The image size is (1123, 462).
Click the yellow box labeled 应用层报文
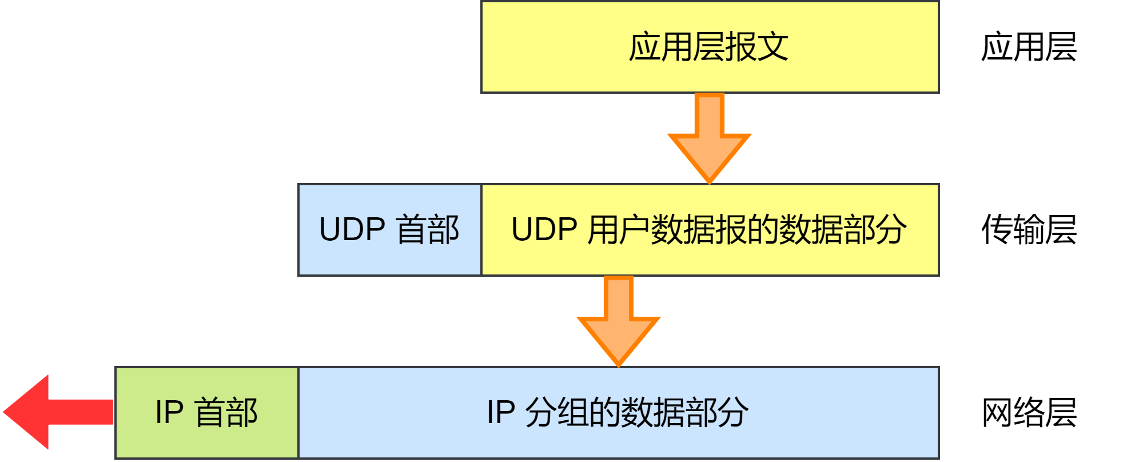tap(710, 47)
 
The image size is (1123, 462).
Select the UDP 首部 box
tap(389, 230)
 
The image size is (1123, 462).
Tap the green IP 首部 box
tap(206, 413)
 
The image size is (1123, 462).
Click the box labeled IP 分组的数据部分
tap(618, 413)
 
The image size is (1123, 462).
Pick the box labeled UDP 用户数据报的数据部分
tap(710, 230)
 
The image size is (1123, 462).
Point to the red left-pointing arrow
tap(57, 412)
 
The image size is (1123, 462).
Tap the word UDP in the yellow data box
tap(544, 230)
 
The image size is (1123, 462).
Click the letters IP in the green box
tap(169, 413)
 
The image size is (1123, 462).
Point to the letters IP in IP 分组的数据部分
tap(501, 413)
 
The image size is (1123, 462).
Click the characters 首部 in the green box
tap(226, 413)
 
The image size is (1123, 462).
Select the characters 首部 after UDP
tap(428, 230)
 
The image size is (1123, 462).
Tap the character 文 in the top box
tap(773, 47)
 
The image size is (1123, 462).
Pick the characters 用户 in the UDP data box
tap(619, 230)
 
